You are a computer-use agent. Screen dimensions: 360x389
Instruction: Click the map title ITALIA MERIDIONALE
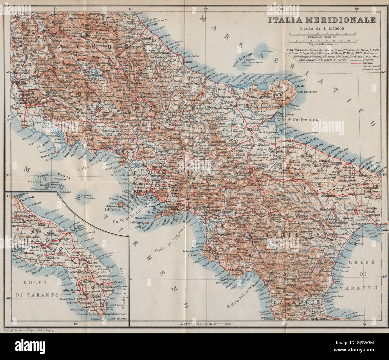[322, 20]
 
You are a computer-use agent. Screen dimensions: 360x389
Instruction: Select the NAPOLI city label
[139, 191]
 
